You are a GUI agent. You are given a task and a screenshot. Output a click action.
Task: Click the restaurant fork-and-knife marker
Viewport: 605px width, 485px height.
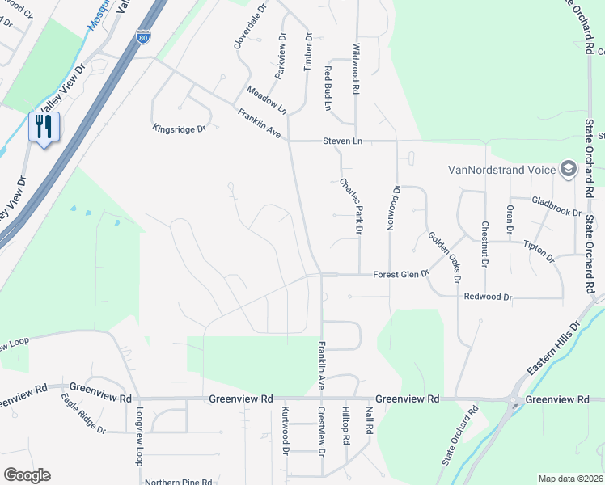coord(44,127)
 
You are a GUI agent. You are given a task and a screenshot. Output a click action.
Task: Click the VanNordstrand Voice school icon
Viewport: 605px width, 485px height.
coord(568,169)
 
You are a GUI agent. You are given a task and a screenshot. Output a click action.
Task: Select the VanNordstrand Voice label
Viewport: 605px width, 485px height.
coord(502,170)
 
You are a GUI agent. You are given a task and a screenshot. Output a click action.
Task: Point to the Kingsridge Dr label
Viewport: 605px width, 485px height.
coord(180,129)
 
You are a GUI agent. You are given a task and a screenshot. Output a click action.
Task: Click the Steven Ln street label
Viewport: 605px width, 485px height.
coord(342,141)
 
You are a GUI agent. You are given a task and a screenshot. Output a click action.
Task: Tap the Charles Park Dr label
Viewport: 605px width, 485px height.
coord(349,206)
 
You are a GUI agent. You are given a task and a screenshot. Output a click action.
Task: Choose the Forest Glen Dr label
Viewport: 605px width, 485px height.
coord(400,275)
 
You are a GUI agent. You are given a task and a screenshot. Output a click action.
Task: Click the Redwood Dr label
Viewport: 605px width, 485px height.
coord(489,297)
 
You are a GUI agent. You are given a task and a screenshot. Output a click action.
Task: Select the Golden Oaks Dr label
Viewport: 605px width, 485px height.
coord(444,257)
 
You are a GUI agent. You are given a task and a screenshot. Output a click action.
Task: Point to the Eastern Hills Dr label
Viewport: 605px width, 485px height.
coord(554,348)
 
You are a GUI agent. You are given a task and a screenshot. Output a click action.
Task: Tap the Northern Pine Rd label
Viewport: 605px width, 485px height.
coord(180,482)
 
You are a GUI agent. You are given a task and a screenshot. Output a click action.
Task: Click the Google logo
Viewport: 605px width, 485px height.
coord(27,475)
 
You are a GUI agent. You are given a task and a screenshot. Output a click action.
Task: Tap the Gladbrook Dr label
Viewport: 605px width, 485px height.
coord(556,206)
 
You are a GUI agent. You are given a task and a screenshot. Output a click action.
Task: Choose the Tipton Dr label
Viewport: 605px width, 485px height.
coord(539,251)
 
